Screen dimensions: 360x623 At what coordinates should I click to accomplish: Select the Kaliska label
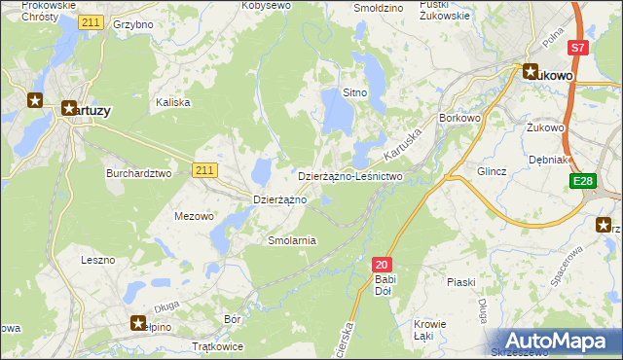(x=173, y=101)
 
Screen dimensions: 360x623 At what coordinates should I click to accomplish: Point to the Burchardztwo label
(x=138, y=173)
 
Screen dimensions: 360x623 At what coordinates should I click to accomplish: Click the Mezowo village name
(x=193, y=216)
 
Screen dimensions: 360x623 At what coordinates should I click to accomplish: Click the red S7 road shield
(x=578, y=47)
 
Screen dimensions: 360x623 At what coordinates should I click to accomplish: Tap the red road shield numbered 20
(x=382, y=264)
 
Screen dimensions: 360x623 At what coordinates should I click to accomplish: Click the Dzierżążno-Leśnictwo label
(x=349, y=176)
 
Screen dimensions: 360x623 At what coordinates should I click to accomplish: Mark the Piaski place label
(x=460, y=282)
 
